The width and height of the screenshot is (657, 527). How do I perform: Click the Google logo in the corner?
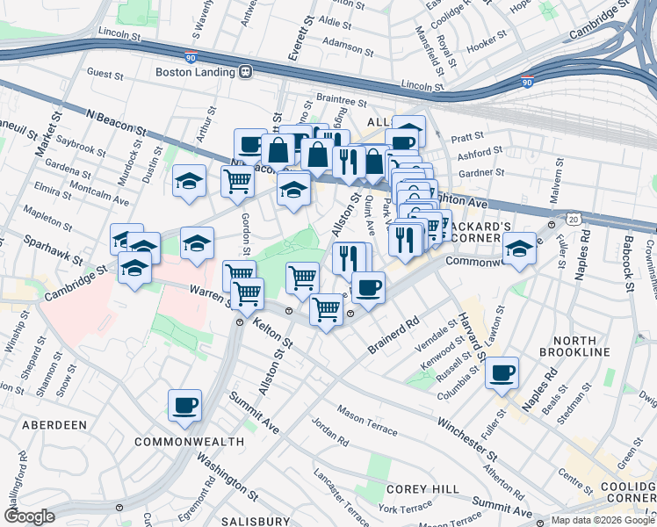click(29, 516)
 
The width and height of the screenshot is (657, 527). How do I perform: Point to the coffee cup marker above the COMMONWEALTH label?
click(185, 406)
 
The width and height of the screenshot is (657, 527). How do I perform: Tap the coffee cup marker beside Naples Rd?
click(502, 372)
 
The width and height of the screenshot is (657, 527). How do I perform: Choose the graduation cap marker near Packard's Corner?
click(519, 249)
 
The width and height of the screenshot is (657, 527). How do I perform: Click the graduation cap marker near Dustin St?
click(189, 181)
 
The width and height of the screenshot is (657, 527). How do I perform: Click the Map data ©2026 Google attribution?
click(602, 520)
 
